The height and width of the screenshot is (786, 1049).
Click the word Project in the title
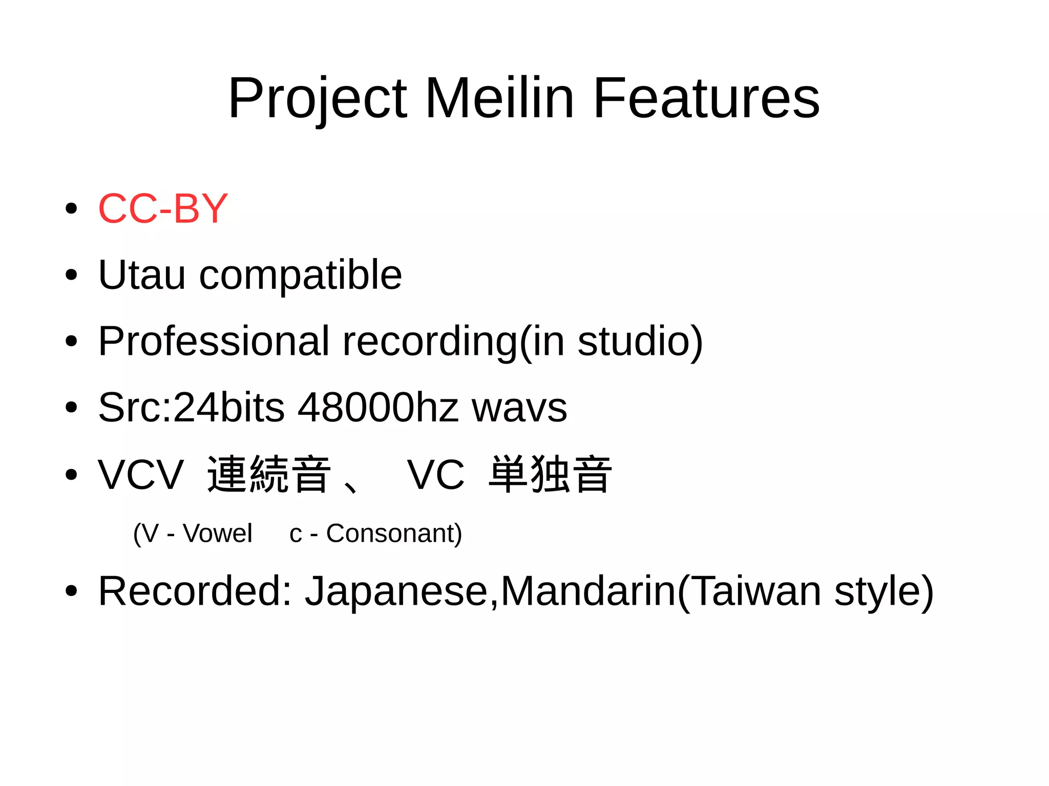[318, 98]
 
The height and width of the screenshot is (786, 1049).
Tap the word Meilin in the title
[499, 98]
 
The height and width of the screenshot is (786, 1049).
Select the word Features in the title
[706, 98]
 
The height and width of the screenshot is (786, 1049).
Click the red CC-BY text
[163, 209]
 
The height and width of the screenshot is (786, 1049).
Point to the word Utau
[142, 275]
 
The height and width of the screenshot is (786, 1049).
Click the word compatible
[300, 275]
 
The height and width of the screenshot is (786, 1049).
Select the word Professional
[214, 342]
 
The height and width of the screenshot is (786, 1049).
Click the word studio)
[640, 342]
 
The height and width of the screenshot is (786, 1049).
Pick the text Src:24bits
[191, 408]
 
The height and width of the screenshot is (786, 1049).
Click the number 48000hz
[378, 408]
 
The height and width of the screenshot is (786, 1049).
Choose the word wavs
[519, 408]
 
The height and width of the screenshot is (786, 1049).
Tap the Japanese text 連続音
[268, 474]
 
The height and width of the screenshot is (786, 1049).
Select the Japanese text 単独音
[550, 474]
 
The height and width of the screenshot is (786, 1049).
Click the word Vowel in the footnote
[218, 534]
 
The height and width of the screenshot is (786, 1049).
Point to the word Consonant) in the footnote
[394, 534]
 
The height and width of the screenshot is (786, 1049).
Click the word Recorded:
[195, 591]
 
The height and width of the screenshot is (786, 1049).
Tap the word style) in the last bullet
[884, 591]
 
